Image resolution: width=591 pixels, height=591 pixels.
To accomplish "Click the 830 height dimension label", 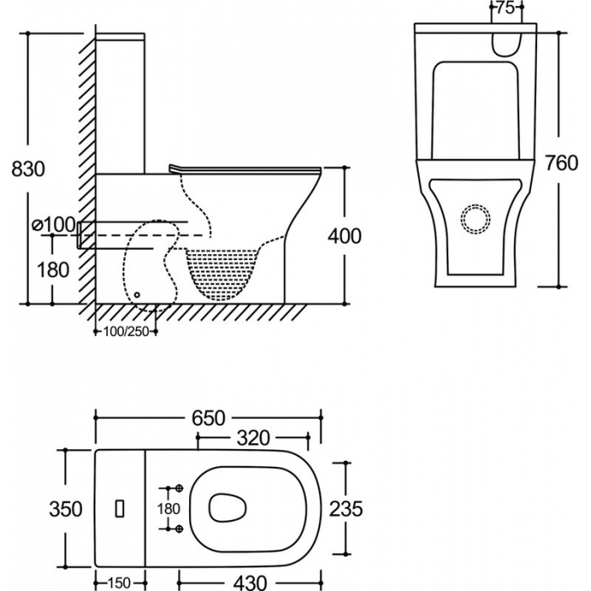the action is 28,169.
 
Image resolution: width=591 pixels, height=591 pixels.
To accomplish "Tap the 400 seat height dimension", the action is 344,236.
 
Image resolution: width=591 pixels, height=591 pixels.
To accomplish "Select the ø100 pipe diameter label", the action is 54,225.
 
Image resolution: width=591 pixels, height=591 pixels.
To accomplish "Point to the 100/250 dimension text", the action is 127,332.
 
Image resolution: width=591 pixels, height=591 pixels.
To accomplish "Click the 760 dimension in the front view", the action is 561,163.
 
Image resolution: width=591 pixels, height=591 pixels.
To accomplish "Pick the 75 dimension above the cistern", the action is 506,8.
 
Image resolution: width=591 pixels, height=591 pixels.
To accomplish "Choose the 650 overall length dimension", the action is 209,418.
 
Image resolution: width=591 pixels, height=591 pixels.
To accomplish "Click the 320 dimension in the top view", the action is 253,438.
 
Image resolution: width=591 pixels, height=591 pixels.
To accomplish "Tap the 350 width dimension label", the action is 66,509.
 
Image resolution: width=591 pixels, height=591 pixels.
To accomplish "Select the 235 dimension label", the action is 346,509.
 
